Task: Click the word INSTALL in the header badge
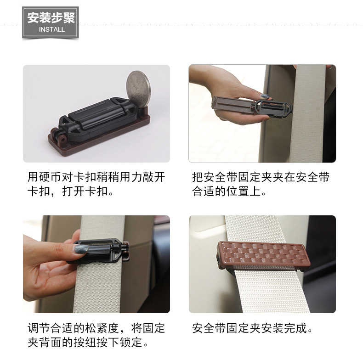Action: tap(52, 29)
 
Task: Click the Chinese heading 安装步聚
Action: tap(51, 18)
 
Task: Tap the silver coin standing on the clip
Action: tap(138, 89)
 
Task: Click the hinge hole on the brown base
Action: tap(63, 140)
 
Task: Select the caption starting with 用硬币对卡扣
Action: tap(96, 184)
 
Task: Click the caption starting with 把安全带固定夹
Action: tap(261, 184)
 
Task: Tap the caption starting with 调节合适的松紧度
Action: tap(96, 335)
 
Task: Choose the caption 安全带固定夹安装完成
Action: tap(252, 328)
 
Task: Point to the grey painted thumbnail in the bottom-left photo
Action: tap(81, 249)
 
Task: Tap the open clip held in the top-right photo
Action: tap(252, 106)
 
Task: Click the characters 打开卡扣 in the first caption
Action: tap(85, 191)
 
